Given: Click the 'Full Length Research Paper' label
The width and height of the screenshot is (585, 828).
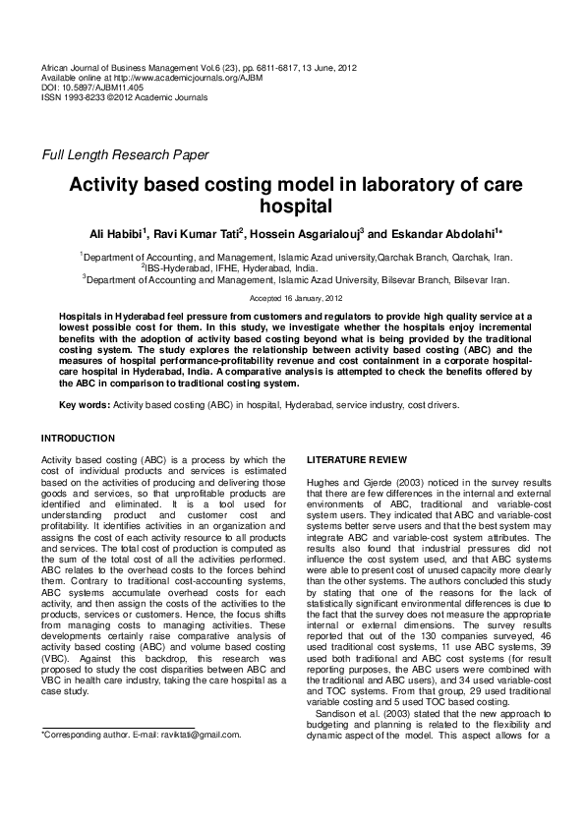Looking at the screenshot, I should tap(124, 155).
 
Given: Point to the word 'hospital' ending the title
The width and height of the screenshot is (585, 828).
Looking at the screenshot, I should tap(293, 207).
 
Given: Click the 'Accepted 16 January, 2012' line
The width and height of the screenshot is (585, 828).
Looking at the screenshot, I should tap(293, 296).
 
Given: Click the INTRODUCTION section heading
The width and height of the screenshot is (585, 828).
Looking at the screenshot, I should tap(78, 438).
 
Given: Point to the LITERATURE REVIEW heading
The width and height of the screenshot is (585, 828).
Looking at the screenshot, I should tap(351, 459).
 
